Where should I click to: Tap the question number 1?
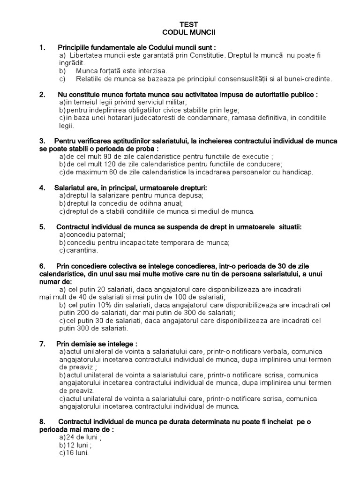click(42, 47)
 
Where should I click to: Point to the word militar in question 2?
click(176, 102)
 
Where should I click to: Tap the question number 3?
click(42, 141)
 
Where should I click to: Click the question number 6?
click(42, 266)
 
